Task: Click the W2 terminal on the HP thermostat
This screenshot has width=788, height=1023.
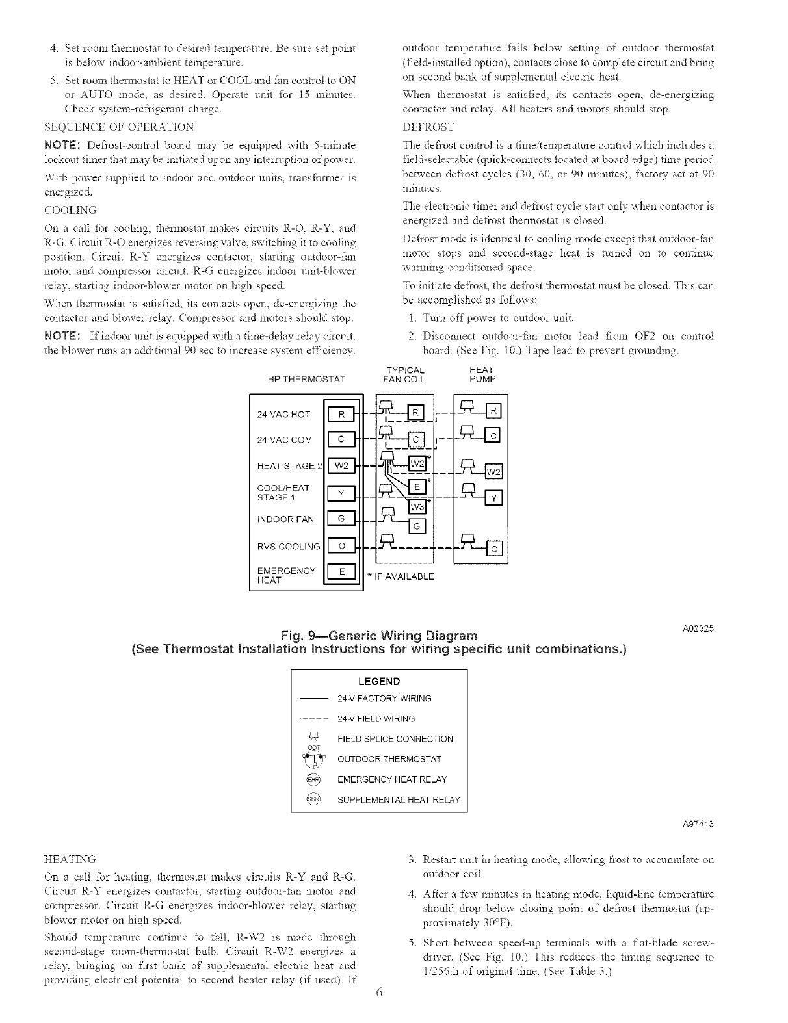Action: (x=342, y=466)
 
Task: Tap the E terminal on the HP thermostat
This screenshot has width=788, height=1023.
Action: (x=342, y=571)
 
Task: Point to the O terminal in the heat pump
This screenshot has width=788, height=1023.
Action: (x=495, y=550)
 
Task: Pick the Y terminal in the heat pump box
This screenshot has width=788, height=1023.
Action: (x=495, y=499)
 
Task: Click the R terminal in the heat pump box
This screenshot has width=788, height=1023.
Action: (x=495, y=411)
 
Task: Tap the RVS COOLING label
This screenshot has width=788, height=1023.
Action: (x=289, y=546)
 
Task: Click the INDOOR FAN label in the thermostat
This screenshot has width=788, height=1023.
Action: (x=285, y=519)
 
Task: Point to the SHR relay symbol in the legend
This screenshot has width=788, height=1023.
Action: (x=314, y=799)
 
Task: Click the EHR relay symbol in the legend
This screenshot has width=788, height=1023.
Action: (x=314, y=779)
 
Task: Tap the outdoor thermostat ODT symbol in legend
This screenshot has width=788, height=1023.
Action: (x=314, y=758)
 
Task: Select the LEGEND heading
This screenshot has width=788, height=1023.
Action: (x=379, y=681)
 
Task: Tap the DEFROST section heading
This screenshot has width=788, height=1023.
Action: (x=428, y=126)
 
